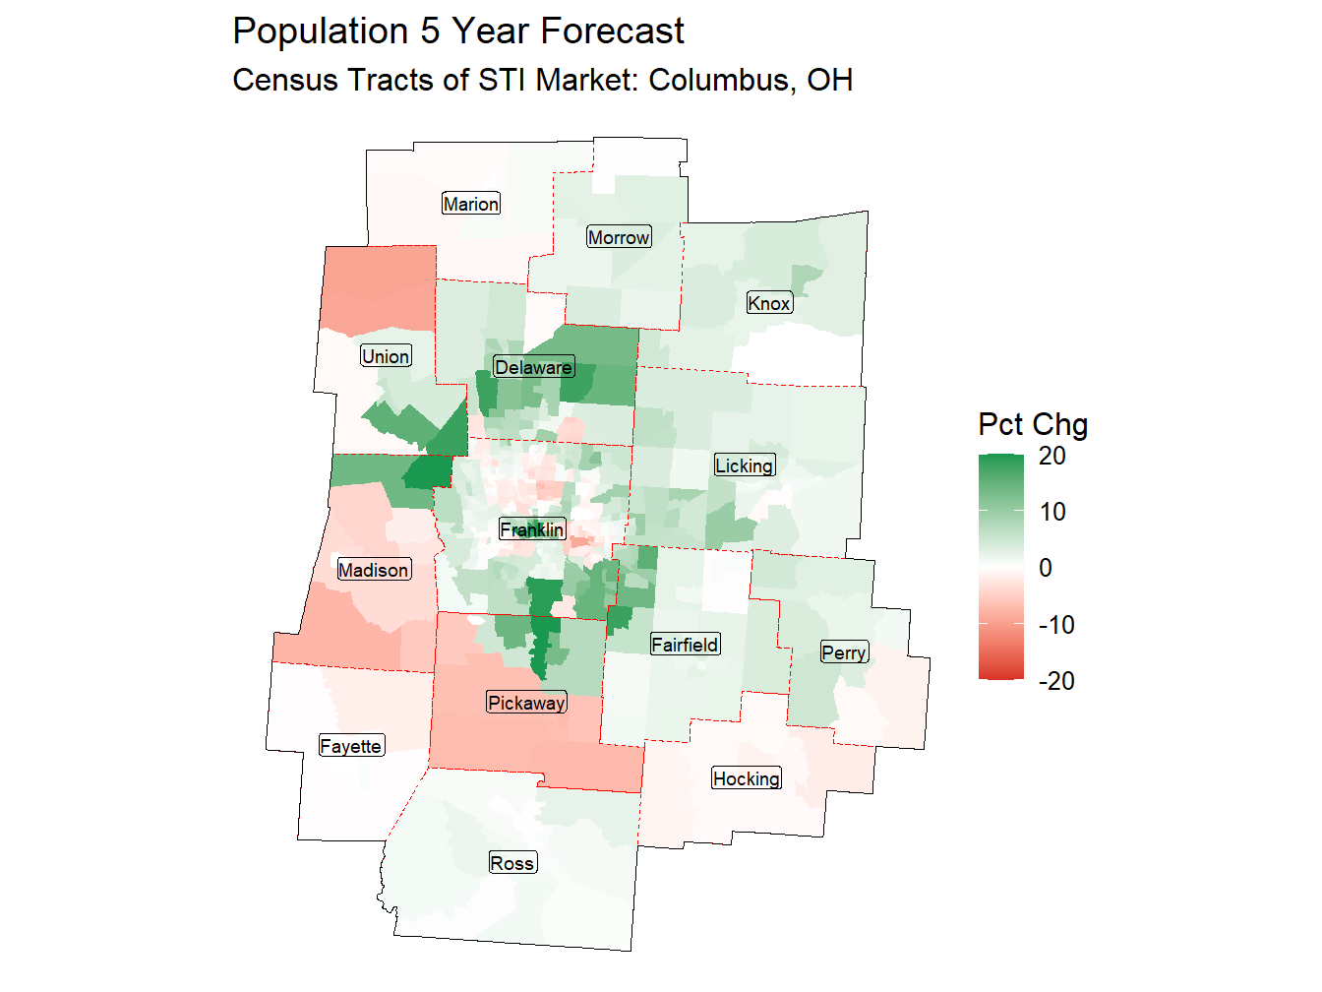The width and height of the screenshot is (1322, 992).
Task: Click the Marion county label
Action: [471, 204]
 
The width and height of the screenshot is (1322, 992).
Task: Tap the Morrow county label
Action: [619, 237]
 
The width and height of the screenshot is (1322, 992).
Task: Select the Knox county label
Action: [769, 303]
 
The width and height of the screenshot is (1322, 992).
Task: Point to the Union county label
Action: [386, 356]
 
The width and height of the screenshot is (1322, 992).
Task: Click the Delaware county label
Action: [533, 367]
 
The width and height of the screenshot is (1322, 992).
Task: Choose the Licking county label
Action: [745, 465]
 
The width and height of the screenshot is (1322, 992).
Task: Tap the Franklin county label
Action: [532, 529]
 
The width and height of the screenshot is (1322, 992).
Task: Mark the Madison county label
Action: [374, 570]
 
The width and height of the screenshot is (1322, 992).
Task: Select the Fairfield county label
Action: [686, 645]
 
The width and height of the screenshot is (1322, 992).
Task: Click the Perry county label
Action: [844, 652]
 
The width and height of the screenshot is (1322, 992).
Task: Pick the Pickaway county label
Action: [527, 703]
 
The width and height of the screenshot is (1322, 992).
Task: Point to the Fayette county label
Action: [351, 746]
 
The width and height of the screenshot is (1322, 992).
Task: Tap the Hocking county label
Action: [747, 778]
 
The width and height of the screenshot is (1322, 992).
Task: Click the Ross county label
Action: [512, 863]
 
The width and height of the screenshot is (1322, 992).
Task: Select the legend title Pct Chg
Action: [1033, 424]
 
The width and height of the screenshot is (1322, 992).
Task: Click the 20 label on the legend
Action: [1052, 456]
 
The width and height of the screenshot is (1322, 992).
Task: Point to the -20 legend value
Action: [1056, 681]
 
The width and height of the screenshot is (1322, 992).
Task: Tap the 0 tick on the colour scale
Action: [1046, 568]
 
